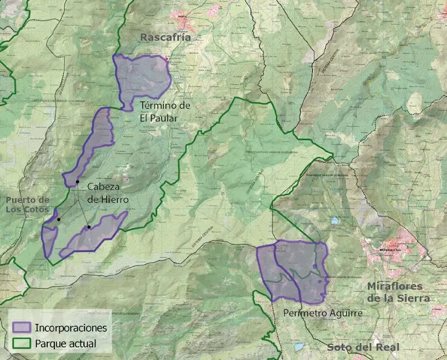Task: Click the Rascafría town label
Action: click(x=165, y=37)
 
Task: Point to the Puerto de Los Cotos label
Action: click(x=27, y=204)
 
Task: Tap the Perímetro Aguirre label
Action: click(x=323, y=313)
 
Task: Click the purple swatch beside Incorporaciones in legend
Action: click(x=21, y=327)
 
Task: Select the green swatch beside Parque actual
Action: click(x=21, y=344)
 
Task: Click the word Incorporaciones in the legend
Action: click(x=71, y=328)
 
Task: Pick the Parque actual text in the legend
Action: click(x=65, y=344)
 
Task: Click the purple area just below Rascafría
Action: click(x=142, y=77)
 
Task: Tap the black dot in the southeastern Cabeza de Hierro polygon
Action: click(x=89, y=227)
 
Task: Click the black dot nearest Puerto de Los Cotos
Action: click(x=59, y=219)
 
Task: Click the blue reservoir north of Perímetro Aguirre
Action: click(x=334, y=221)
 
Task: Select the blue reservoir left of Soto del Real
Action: click(x=300, y=347)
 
